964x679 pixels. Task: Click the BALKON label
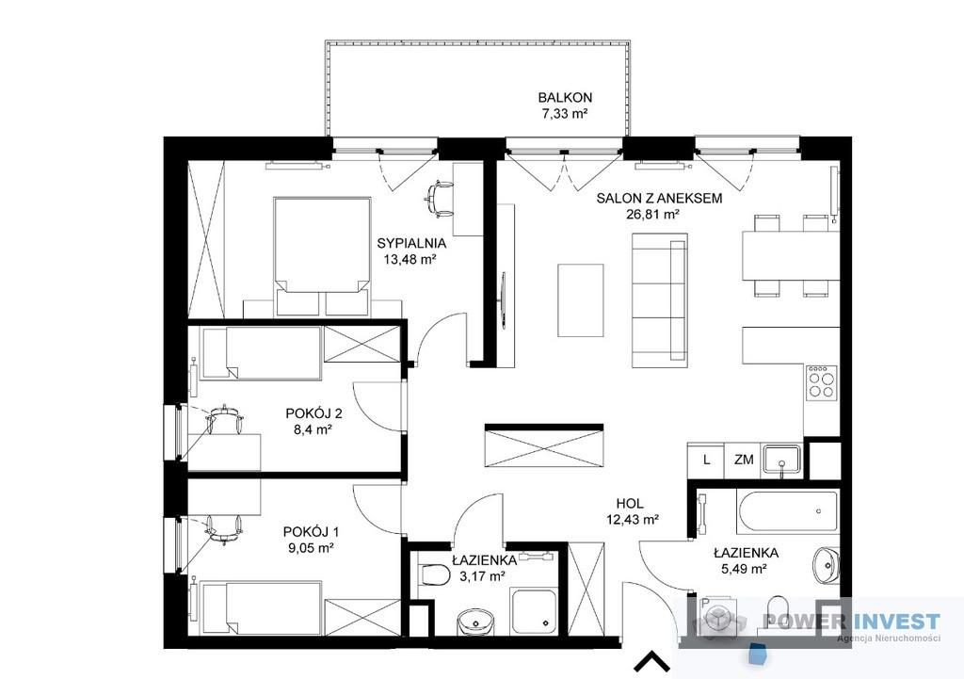(x=565, y=97)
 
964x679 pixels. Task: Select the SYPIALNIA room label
(x=411, y=243)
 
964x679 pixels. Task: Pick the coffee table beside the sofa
(x=580, y=300)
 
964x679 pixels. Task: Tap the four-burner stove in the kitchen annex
(x=822, y=382)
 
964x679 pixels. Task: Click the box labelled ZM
(x=744, y=460)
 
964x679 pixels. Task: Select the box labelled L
(x=706, y=460)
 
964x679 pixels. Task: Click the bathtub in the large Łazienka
(x=788, y=511)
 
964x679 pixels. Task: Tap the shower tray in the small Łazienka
(x=535, y=610)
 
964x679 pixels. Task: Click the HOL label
(x=630, y=504)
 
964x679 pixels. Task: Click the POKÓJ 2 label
(x=313, y=412)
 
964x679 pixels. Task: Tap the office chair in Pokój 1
(x=223, y=529)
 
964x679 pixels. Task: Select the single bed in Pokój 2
(x=262, y=352)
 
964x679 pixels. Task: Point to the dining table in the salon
(x=790, y=255)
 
